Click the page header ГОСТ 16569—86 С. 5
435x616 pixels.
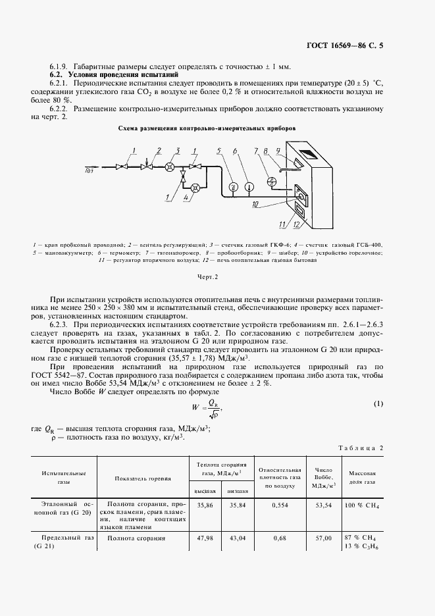pyautogui.click(x=353, y=45)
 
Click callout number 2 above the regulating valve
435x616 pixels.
pyautogui.click(x=158, y=151)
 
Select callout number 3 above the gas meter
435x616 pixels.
pyautogui.click(x=176, y=151)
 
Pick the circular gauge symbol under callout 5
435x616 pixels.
pyautogui.click(x=232, y=187)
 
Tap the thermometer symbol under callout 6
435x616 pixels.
pyautogui.click(x=247, y=187)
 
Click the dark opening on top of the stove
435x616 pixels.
pyautogui.click(x=308, y=161)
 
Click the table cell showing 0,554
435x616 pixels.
pyautogui.click(x=280, y=506)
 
